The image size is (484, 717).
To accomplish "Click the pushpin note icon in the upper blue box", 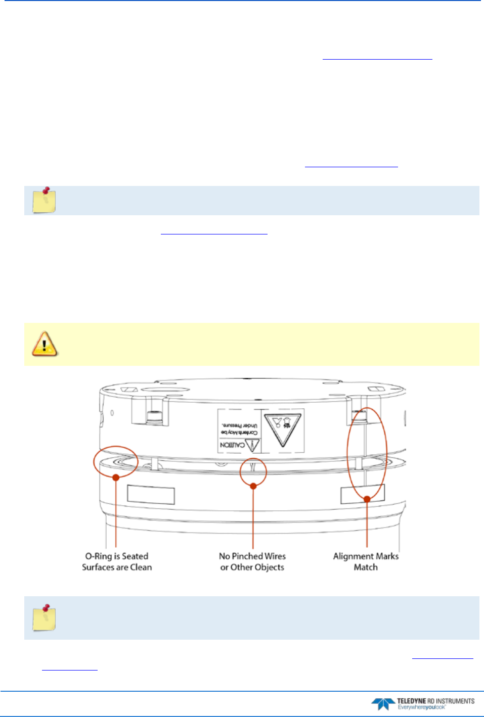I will coord(44,200).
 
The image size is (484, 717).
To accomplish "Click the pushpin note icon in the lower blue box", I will coord(44,617).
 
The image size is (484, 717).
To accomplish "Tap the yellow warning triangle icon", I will coord(45,344).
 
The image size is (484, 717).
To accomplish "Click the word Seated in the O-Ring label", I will coord(135,556).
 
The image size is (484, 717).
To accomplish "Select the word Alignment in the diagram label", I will coord(353,556).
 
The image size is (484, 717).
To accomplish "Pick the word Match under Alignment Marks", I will coord(366,567).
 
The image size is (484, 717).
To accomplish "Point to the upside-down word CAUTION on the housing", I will coord(232,445).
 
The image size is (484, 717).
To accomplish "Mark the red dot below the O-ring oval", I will coord(116,477).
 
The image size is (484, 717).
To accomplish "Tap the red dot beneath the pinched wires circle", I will coord(253,486).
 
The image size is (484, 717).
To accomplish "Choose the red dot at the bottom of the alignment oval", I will coord(367,499).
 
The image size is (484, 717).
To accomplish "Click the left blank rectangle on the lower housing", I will coord(151,495).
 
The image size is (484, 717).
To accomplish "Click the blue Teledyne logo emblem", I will coord(383,704).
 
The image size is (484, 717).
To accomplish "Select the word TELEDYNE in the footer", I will coord(411,701).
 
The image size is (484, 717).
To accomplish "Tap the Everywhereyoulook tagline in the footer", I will coord(421,707).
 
